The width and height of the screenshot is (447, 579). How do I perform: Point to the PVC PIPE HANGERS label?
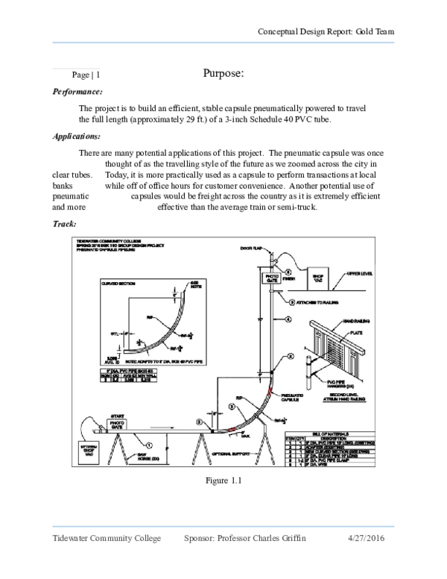[320, 385]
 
